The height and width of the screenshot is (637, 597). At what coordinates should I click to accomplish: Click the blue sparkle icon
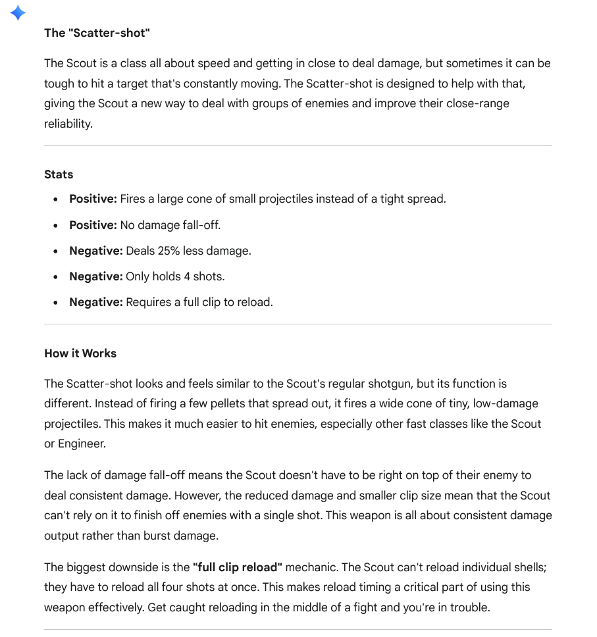pyautogui.click(x=18, y=13)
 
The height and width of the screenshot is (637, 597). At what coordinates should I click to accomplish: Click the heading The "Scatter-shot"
pyautogui.click(x=97, y=32)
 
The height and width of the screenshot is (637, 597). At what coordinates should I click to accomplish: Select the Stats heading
pyautogui.click(x=59, y=174)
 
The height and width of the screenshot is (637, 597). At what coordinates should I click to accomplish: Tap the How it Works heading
pyautogui.click(x=80, y=353)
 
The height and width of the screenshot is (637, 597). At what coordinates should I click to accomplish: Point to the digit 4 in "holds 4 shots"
pyautogui.click(x=188, y=276)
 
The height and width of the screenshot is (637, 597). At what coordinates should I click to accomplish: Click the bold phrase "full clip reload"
pyautogui.click(x=238, y=567)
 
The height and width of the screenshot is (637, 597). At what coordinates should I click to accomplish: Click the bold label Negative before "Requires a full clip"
pyautogui.click(x=95, y=302)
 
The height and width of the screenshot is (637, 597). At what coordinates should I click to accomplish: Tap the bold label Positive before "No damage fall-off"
pyautogui.click(x=93, y=225)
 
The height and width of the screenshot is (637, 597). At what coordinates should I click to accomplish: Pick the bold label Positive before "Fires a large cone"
pyautogui.click(x=93, y=199)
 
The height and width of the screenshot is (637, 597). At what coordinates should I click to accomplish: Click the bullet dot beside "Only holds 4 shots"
pyautogui.click(x=56, y=277)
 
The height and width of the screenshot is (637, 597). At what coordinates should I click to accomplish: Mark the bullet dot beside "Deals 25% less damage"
pyautogui.click(x=56, y=251)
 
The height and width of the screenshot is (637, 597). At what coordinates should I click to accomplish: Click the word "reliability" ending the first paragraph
pyautogui.click(x=68, y=124)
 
